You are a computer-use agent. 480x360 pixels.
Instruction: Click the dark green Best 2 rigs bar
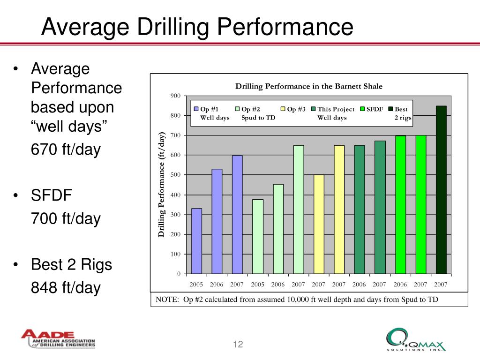(x=441, y=190)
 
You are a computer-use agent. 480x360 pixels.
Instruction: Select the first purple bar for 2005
(x=197, y=241)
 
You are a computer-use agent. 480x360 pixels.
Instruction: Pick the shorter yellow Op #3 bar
(x=319, y=224)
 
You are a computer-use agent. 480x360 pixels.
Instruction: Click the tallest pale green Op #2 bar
(x=299, y=210)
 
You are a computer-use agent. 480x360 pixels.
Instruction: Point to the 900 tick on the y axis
(x=175, y=96)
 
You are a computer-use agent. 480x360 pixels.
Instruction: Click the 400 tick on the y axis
(x=175, y=195)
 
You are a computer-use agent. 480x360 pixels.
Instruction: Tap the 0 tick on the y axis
(x=179, y=274)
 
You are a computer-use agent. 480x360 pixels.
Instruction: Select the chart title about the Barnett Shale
(x=308, y=86)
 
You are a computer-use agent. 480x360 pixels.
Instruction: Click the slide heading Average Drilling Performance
(x=197, y=27)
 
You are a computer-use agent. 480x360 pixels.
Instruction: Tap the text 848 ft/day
(x=66, y=287)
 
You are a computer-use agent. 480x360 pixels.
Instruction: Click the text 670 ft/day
(x=66, y=150)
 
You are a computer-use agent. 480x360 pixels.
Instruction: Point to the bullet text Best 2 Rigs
(x=71, y=265)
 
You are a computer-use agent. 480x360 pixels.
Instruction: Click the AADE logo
(x=58, y=339)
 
